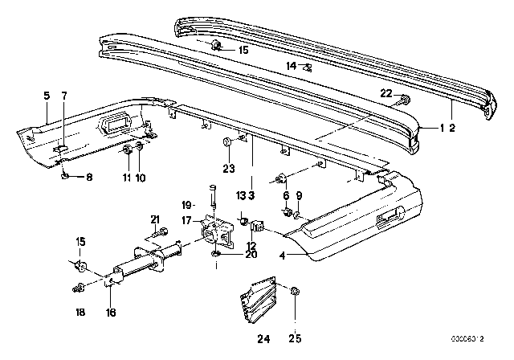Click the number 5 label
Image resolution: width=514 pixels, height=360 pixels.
(x=47, y=96)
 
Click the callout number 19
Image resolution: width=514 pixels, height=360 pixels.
(x=184, y=204)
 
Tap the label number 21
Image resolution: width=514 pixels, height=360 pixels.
(x=155, y=219)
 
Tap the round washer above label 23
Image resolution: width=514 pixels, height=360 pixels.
(x=228, y=143)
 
